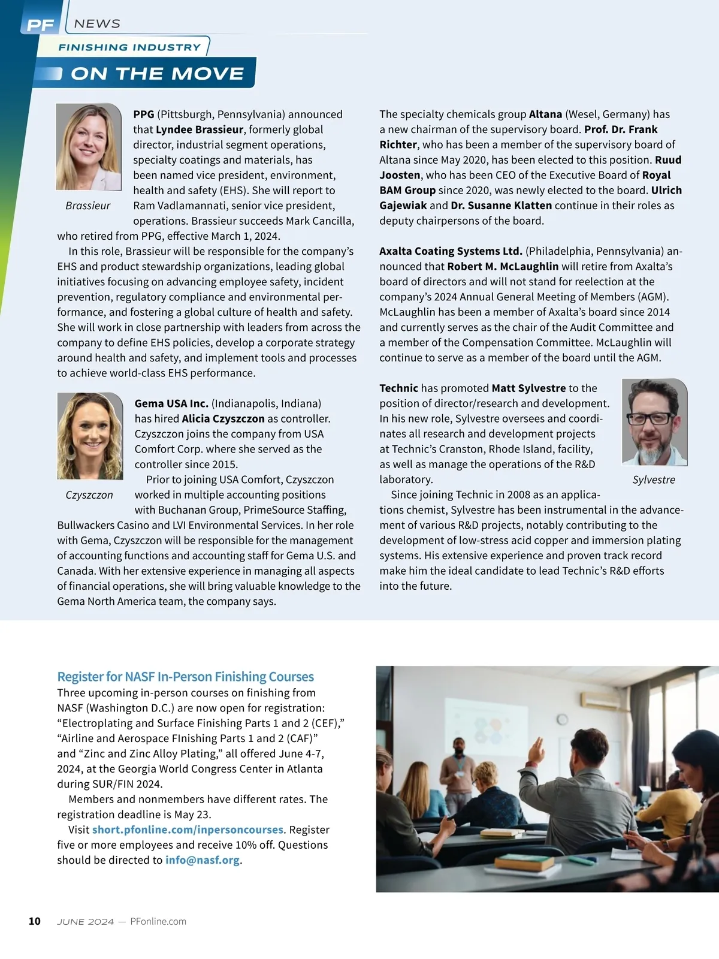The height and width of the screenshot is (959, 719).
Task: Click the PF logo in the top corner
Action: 41,25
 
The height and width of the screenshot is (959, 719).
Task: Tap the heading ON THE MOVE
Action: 157,74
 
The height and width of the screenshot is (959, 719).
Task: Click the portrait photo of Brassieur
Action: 89,147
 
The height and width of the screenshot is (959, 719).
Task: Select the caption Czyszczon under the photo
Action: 89,495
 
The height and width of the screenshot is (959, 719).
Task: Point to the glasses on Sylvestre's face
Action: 651,418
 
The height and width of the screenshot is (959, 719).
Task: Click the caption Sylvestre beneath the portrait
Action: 654,480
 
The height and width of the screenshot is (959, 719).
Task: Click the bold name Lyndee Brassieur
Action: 200,129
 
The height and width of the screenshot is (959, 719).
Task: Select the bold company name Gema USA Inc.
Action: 171,403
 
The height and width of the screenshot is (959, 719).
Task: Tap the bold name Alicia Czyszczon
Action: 223,418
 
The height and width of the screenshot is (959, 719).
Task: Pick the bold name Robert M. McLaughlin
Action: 503,266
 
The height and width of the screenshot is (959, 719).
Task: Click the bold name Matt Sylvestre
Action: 528,388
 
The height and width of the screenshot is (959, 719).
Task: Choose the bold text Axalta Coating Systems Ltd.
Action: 451,251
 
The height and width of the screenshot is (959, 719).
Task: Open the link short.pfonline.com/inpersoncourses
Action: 188,830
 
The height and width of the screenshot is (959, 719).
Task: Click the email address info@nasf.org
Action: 203,860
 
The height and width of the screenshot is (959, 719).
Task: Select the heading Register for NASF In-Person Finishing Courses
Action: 185,677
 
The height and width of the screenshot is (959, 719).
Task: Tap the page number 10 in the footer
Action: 35,921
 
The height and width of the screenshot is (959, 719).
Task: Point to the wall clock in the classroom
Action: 562,719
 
